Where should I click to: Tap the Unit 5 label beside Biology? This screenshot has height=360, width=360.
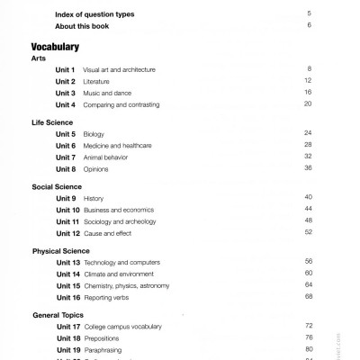pyautogui.click(x=65, y=133)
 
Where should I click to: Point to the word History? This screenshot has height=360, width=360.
pyautogui.click(x=94, y=198)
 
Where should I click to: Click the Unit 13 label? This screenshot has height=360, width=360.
pyautogui.click(x=67, y=262)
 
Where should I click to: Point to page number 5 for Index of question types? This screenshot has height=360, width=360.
pyautogui.click(x=309, y=13)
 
